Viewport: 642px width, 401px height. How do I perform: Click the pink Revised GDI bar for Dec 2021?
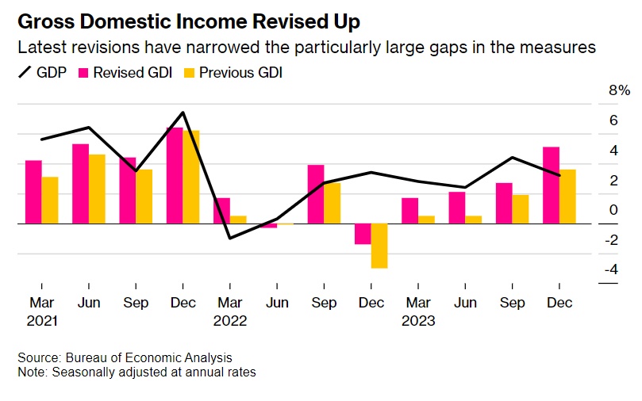pos(175,176)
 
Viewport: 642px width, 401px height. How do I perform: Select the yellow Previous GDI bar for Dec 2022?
pos(379,246)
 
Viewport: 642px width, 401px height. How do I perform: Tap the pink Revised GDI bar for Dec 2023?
pos(552,185)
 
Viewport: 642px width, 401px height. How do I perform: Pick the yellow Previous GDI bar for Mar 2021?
pos(50,200)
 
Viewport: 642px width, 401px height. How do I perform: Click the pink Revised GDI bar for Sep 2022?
pos(316,194)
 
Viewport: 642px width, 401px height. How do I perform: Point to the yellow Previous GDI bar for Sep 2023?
pos(521,209)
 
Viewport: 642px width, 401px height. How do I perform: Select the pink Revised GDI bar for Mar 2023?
pos(409,211)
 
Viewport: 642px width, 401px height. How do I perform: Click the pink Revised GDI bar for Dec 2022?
pos(363,234)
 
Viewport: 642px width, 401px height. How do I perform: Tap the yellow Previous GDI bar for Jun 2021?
pos(97,189)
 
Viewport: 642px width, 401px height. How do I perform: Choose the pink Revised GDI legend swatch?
pos(83,73)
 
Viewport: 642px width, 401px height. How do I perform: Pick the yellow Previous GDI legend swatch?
pos(188,73)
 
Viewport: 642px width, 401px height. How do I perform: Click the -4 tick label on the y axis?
pos(610,270)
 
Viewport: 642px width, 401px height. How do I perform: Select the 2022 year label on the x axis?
pos(231,321)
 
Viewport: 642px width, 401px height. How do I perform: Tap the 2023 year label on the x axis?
pos(418,321)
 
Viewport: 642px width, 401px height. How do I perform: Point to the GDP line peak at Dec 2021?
pos(183,113)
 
